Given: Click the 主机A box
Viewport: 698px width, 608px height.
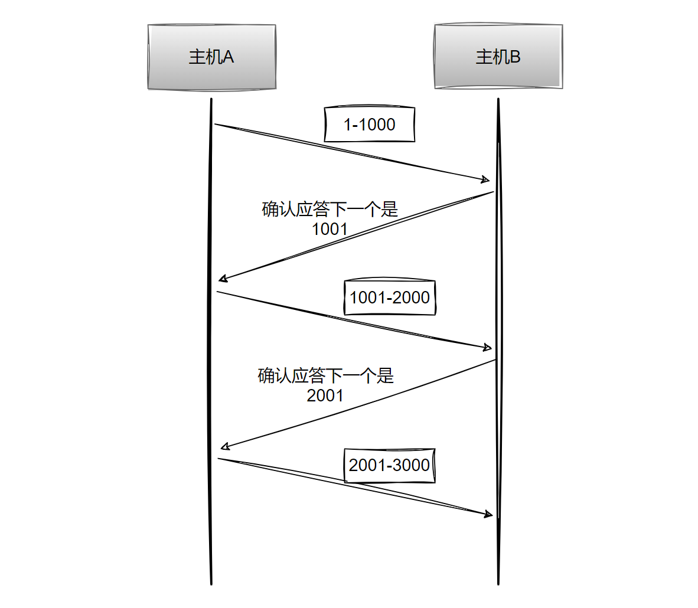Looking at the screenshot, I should click(x=211, y=57).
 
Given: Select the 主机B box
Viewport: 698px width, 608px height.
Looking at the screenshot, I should click(x=498, y=57).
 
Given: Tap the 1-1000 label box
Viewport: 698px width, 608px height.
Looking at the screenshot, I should click(x=370, y=125).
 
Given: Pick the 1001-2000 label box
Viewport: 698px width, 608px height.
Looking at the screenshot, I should click(x=390, y=297).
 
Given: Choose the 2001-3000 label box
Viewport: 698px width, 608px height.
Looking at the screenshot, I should click(x=390, y=465).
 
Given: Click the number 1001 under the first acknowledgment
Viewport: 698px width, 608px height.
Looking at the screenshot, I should click(x=330, y=229).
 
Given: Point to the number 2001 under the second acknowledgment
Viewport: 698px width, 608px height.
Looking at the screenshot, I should click(x=325, y=395).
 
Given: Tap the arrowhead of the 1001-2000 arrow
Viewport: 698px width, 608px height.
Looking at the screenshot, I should click(x=489, y=348).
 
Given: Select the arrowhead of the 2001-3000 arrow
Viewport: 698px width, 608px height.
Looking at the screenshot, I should click(x=490, y=515).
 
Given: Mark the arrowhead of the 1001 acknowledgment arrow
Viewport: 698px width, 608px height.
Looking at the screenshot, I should click(x=221, y=279).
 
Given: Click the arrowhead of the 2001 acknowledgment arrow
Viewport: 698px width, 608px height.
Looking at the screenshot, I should click(x=222, y=447).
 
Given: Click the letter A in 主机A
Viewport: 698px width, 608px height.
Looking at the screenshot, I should click(x=228, y=57).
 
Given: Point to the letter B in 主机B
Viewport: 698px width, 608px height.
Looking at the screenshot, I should click(x=515, y=57).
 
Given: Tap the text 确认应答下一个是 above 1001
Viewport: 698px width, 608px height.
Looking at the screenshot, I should click(x=330, y=210).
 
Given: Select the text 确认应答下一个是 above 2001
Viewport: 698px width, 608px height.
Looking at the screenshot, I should click(x=325, y=376).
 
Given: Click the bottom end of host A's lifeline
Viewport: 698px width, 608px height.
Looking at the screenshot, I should click(x=211, y=583).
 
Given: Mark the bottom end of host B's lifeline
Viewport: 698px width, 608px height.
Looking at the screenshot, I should click(x=498, y=583).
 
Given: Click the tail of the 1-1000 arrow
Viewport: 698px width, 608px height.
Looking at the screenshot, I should click(x=215, y=125).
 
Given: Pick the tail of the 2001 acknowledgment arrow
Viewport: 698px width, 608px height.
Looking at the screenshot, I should click(x=495, y=359).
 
